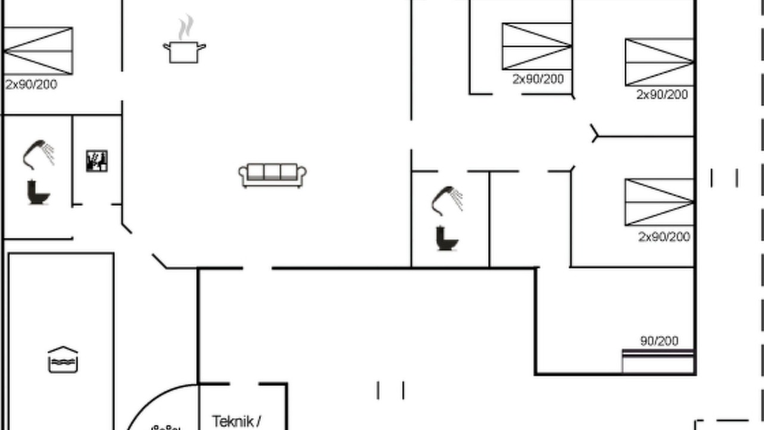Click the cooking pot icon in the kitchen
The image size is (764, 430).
tap(184, 52)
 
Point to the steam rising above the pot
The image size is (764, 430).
tap(186, 27)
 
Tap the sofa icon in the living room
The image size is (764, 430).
tap(273, 176)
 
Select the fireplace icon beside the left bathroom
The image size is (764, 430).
tap(97, 161)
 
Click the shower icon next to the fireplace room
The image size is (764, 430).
tap(39, 155)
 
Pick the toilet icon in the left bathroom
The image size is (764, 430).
tap(38, 192)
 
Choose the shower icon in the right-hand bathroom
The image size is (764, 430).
tap(447, 201)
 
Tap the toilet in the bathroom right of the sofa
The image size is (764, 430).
tap(447, 238)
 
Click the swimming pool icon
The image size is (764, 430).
tap(63, 360)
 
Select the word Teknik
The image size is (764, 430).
tap(233, 422)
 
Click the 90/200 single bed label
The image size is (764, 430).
tap(660, 341)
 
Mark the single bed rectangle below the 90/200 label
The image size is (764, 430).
tap(658, 361)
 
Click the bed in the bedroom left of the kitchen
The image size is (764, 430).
tap(38, 51)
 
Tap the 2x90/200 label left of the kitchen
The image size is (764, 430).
tap(31, 85)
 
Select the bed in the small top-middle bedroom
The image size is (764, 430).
tap(537, 47)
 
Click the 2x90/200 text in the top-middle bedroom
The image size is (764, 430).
tap(538, 79)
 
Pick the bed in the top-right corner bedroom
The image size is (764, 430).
tap(660, 62)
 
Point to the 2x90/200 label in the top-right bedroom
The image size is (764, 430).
tap(663, 94)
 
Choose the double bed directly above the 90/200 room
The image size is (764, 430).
tap(660, 202)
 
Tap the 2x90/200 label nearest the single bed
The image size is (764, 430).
tap(664, 236)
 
